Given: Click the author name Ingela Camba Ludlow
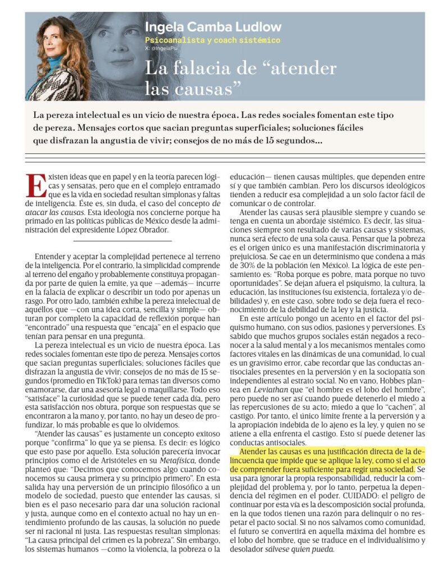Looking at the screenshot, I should click(213, 27).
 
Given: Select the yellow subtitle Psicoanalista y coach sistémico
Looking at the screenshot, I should click(212, 40).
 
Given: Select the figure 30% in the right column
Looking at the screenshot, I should click(248, 264).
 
